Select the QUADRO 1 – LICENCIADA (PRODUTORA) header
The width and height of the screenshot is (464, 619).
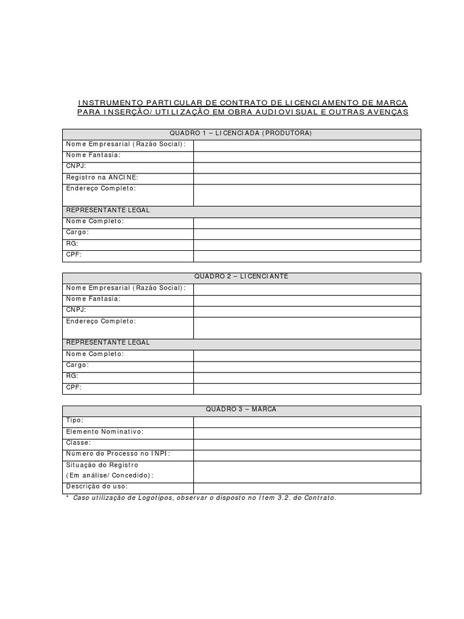241,134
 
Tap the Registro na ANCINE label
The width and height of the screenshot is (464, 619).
102,177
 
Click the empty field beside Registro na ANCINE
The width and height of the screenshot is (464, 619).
307,178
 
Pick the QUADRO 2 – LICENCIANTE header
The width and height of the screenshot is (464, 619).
241,277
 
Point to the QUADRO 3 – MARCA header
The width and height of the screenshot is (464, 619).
241,410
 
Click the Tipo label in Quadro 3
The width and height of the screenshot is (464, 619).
75,420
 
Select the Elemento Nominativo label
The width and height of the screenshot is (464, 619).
105,432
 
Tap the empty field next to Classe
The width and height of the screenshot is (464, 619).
307,443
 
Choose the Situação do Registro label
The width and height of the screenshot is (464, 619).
102,465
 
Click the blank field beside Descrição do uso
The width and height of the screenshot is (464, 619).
307,487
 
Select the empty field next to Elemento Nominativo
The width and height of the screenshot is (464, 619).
307,432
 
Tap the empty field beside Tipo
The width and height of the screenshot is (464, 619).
307,421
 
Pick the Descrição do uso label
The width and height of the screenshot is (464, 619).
97,487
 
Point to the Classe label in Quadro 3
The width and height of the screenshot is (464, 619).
79,442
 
